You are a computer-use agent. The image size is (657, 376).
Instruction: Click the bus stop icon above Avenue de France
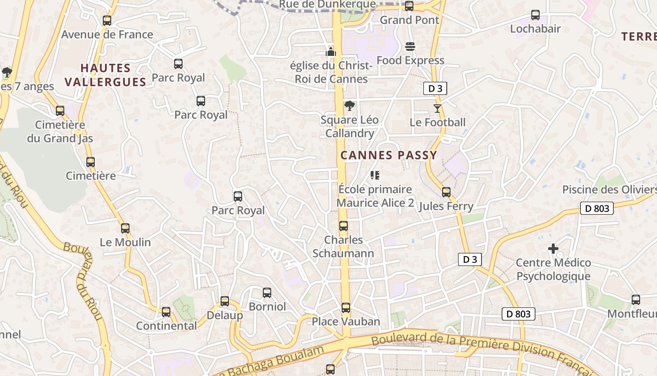coord(107,21)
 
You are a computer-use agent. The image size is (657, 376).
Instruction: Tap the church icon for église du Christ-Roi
coord(331,52)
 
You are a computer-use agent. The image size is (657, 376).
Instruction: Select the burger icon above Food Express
coord(410,47)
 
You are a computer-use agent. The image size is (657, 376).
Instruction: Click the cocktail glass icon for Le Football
coord(437,109)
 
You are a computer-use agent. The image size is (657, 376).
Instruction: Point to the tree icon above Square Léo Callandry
coord(349,106)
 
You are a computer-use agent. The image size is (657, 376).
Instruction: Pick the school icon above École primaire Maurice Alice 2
coord(374,175)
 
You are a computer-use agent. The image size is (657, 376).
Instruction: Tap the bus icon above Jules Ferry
coord(446,192)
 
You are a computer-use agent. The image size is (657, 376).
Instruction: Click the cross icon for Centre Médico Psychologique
coord(553,249)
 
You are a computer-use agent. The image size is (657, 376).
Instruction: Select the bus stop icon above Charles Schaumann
coord(344,226)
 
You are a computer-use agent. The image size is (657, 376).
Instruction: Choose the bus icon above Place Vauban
coord(346,308)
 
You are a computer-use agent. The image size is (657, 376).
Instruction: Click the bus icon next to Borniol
coord(267,293)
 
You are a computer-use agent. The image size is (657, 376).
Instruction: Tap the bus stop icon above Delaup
coord(225,301)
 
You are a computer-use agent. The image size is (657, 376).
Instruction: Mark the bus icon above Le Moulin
coord(125,228)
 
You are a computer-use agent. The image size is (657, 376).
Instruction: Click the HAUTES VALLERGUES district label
coord(106,75)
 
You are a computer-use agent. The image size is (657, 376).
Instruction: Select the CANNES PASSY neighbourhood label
coord(389,155)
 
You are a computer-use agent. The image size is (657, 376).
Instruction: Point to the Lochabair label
coord(535,29)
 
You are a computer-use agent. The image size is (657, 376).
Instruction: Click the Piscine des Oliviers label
coord(609,189)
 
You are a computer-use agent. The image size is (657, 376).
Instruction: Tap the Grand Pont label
coord(409,20)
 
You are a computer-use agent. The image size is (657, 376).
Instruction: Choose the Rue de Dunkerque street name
coord(327,5)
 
